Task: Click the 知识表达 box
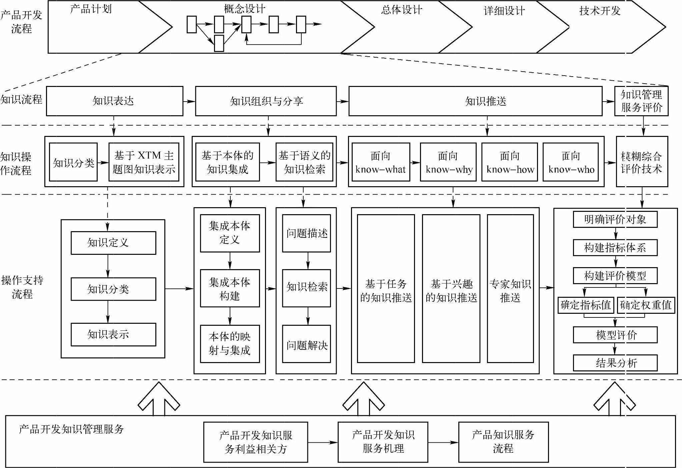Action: pos(114,101)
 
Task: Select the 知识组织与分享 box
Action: pos(266,101)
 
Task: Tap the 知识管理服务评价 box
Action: pos(641,101)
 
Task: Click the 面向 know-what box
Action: pos(381,162)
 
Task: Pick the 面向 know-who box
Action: pos(571,162)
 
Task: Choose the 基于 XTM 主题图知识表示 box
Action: pos(144,162)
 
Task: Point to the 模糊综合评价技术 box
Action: pos(642,162)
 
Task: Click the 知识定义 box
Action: pos(113,243)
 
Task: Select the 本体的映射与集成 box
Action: pos(230,343)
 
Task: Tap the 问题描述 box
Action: pos(306,233)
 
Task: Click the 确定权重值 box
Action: pos(646,305)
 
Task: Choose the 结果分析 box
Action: pos(615,363)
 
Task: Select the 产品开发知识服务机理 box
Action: pos(383,442)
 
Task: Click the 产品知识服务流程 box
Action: pos(503,442)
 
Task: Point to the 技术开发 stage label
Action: pos(600,11)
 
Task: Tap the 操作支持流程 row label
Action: pos(22,287)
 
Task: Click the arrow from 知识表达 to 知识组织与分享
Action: pos(189,101)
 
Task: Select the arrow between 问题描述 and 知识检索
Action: pos(308,260)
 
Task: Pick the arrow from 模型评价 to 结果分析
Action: pos(615,349)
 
